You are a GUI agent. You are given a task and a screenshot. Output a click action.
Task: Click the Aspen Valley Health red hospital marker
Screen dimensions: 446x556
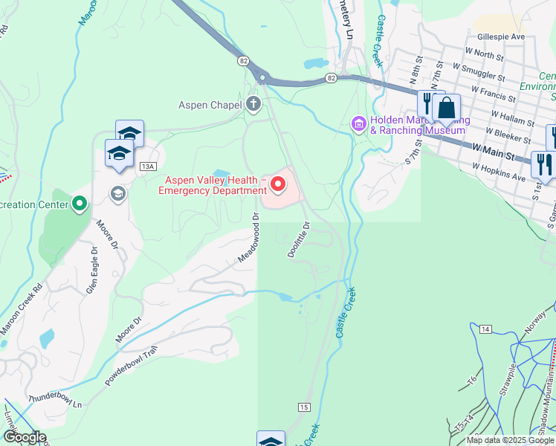coord(279,184)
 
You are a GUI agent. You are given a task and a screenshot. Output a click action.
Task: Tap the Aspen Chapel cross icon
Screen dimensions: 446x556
coord(253,104)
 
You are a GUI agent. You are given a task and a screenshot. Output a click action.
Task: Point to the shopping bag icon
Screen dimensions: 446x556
coord(447,109)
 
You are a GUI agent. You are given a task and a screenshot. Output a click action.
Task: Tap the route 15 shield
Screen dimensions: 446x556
coord(303,407)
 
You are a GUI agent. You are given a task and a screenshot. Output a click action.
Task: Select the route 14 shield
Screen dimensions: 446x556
coord(485,329)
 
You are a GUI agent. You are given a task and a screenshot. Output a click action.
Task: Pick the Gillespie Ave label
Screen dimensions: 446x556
coord(502,36)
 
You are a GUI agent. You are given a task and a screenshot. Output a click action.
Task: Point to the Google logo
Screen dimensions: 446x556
coord(25,438)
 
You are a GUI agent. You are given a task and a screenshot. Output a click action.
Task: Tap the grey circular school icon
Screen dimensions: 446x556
coord(117,194)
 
